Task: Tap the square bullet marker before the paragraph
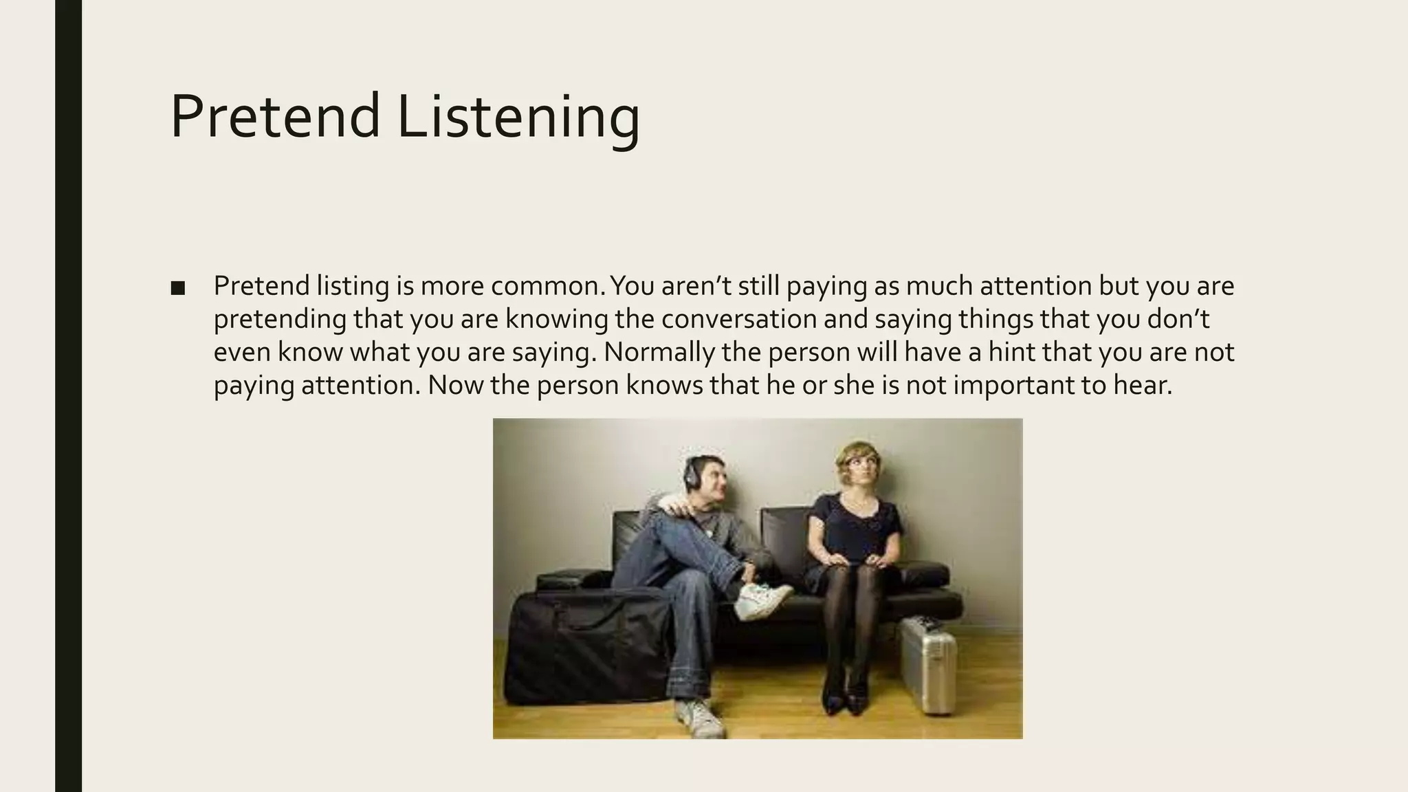click(177, 288)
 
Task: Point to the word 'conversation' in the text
click(783, 319)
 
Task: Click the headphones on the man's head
click(690, 473)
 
